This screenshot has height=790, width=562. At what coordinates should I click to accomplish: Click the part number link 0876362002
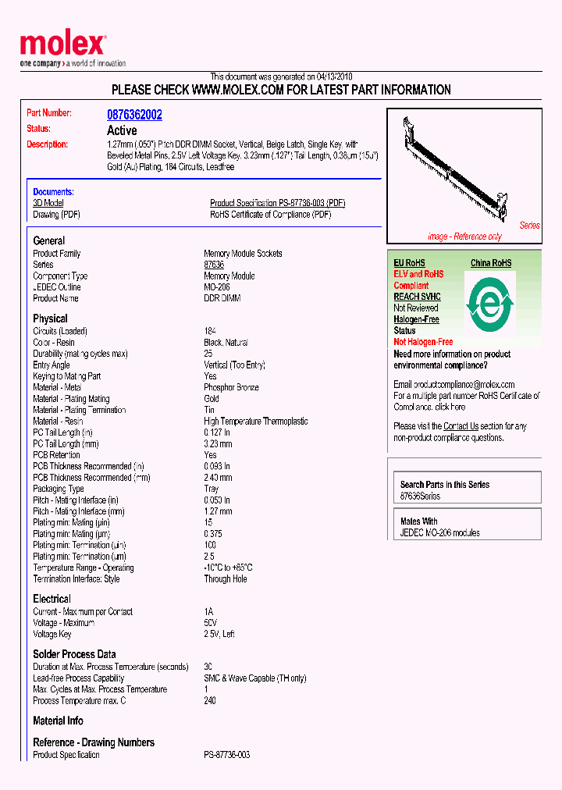pyautogui.click(x=134, y=115)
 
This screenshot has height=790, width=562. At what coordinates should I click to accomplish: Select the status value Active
pyautogui.click(x=122, y=130)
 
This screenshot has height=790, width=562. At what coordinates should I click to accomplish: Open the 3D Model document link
pyautogui.click(x=48, y=203)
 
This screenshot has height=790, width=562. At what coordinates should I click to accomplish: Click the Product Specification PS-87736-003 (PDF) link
pyautogui.click(x=277, y=203)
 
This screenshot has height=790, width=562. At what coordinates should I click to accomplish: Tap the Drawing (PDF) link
pyautogui.click(x=56, y=215)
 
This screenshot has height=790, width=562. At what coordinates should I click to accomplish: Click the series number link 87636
pyautogui.click(x=214, y=265)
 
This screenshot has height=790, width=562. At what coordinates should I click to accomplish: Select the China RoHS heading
pyautogui.click(x=491, y=263)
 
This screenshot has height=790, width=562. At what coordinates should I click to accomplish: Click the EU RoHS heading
pyautogui.click(x=409, y=263)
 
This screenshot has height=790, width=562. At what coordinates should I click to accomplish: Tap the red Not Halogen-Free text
pyautogui.click(x=423, y=342)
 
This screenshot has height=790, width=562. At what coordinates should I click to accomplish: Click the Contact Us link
pyautogui.click(x=461, y=426)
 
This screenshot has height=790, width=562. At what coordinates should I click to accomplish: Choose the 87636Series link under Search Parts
pyautogui.click(x=420, y=496)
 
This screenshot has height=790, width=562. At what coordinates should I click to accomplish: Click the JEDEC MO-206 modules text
pyautogui.click(x=439, y=533)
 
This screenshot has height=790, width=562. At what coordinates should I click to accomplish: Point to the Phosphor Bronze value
pyautogui.click(x=231, y=387)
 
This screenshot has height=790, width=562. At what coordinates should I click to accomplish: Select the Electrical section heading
pyautogui.click(x=52, y=599)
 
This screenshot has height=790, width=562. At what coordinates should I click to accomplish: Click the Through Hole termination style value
pyautogui.click(x=226, y=579)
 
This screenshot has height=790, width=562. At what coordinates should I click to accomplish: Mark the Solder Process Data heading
pyautogui.click(x=74, y=654)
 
